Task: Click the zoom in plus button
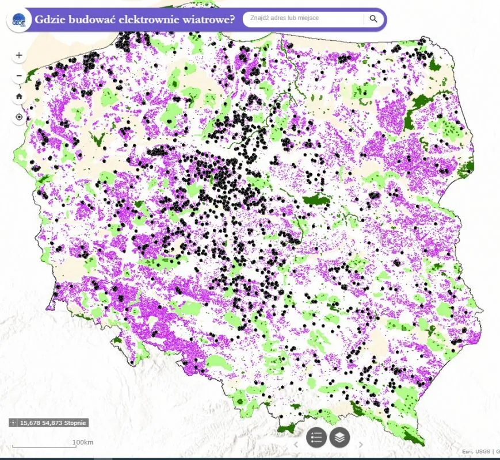click(x=19, y=56)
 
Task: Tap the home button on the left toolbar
click(x=19, y=96)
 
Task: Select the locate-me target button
click(x=19, y=117)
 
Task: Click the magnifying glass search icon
click(x=373, y=19)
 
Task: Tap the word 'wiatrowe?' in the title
click(x=209, y=19)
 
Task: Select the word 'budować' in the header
click(x=92, y=19)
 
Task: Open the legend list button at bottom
click(x=316, y=438)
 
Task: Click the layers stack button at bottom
click(x=340, y=438)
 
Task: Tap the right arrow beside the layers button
click(x=361, y=444)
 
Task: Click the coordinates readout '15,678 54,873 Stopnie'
click(x=53, y=423)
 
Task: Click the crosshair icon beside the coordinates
click(x=14, y=423)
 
